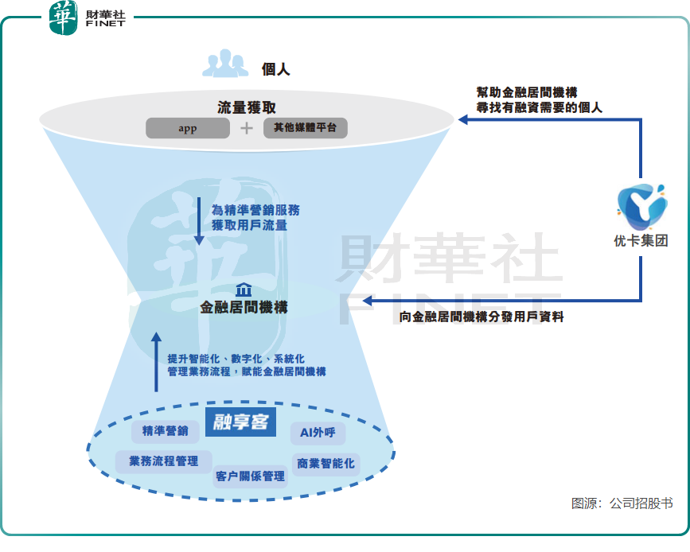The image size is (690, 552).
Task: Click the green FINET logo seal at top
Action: pos(64,18)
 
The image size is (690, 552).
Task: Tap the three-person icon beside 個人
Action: pos(225,64)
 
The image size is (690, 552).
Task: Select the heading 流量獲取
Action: pos(247,107)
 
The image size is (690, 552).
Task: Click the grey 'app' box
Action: pos(187,128)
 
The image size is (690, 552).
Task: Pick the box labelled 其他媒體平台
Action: pos(305,128)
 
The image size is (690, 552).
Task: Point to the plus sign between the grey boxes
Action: pos(247,128)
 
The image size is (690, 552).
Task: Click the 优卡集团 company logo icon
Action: pos(641,206)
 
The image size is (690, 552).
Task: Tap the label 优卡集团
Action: pos(641,241)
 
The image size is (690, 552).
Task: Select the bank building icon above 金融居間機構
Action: pos(244,290)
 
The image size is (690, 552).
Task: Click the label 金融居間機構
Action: pos(244,307)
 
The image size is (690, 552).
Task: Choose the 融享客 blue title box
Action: pos(240,422)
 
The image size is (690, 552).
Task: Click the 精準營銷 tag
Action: pos(166,431)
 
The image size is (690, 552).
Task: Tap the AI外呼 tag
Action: pos(318,433)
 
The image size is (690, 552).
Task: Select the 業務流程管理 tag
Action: pos(164,461)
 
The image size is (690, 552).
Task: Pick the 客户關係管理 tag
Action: pos(250,476)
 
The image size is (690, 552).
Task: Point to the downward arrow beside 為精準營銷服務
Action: pos(198,220)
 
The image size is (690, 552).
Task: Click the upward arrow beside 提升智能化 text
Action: pos(156,362)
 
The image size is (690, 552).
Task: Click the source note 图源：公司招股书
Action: pos(622,503)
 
